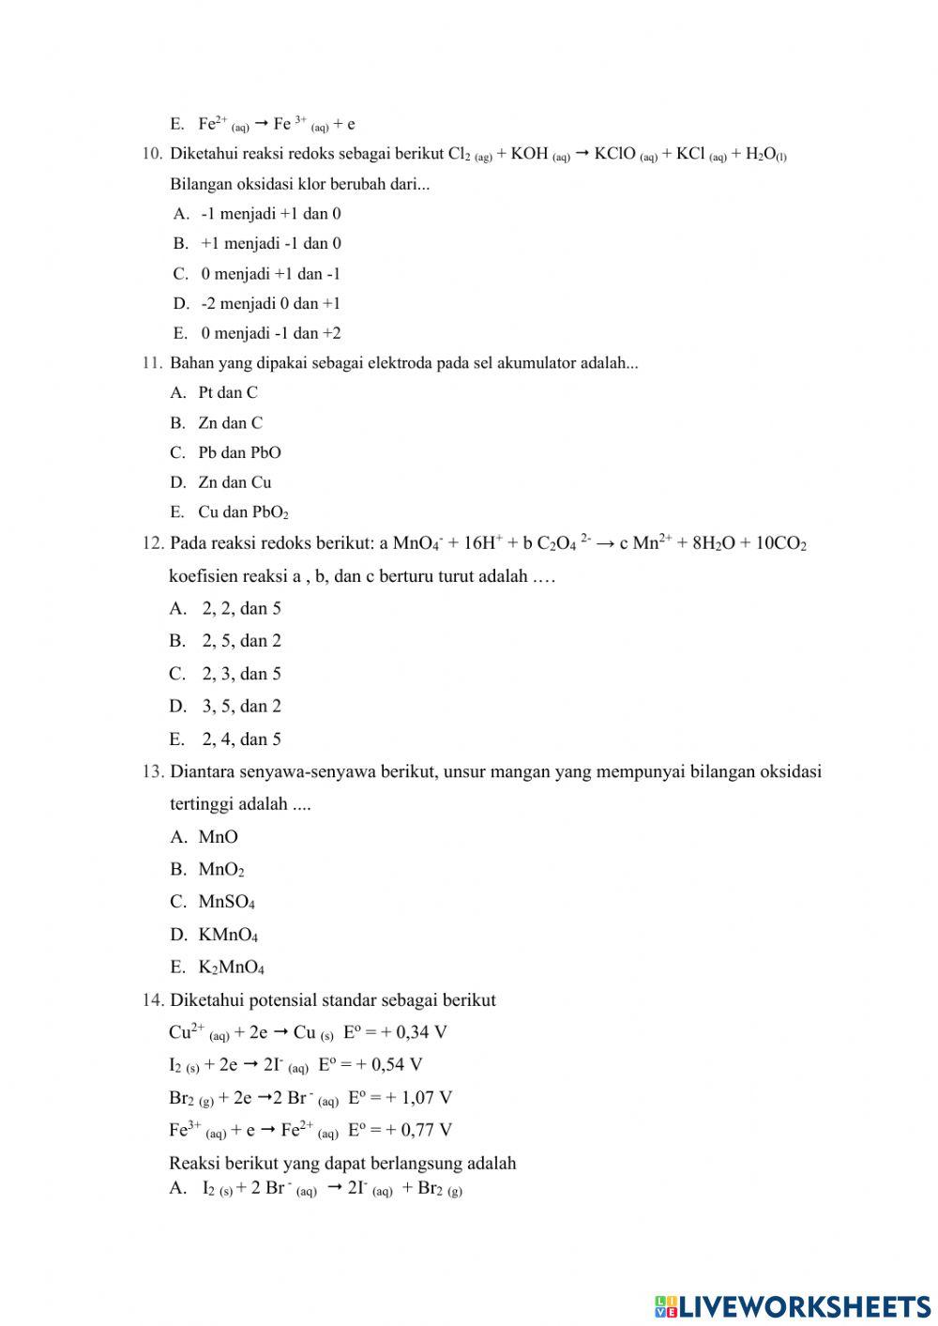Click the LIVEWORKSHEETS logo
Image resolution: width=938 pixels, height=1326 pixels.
pyautogui.click(x=793, y=1305)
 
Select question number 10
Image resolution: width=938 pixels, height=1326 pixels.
pyautogui.click(x=153, y=154)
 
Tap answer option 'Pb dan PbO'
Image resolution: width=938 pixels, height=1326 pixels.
pyautogui.click(x=239, y=452)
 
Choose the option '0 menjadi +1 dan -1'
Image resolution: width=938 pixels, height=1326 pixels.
pyautogui.click(x=270, y=274)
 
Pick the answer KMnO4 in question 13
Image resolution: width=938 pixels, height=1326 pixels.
pyautogui.click(x=228, y=935)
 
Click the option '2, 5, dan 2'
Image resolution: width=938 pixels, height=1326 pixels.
pyautogui.click(x=241, y=641)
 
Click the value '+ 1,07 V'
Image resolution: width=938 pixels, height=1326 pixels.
pyautogui.click(x=418, y=1097)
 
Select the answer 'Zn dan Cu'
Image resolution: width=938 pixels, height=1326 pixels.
pyautogui.click(x=234, y=482)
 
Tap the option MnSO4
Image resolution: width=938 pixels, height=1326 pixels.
pyautogui.click(x=226, y=902)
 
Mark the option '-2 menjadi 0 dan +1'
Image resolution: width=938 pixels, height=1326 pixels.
pyautogui.click(x=270, y=303)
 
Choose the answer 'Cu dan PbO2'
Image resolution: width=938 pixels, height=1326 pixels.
pyautogui.click(x=243, y=512)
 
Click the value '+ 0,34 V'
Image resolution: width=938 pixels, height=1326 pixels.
pyautogui.click(x=414, y=1032)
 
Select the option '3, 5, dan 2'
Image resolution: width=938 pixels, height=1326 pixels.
pyautogui.click(x=241, y=706)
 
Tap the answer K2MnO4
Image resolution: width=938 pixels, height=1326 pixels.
pyautogui.click(x=231, y=968)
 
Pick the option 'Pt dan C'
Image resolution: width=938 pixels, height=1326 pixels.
pyautogui.click(x=228, y=392)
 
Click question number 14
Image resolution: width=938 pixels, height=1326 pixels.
pyautogui.click(x=153, y=999)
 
